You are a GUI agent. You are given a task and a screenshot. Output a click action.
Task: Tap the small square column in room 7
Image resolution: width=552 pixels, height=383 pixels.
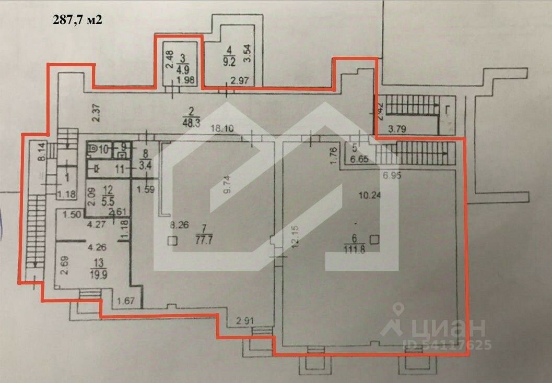(x=172, y=241)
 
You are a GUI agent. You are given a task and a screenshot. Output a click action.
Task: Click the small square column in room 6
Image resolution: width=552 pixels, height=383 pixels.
(x=374, y=239)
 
